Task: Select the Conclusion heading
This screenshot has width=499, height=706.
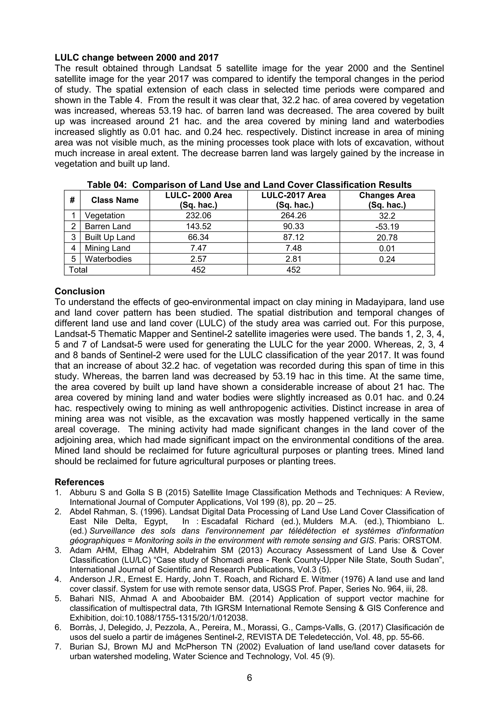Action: (80, 291)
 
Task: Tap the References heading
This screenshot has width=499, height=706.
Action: (79, 482)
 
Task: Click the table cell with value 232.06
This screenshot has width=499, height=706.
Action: (198, 215)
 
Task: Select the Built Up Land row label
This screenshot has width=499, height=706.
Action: (110, 237)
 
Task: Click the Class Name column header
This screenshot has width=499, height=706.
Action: (115, 200)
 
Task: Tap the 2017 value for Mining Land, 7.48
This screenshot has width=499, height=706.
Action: (293, 248)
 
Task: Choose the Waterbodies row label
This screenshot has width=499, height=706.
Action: (108, 259)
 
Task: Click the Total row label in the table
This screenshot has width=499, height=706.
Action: (78, 270)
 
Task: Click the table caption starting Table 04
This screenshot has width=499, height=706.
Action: (249, 185)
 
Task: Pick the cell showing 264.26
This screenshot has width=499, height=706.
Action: (293, 215)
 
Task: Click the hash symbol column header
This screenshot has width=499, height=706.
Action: (72, 200)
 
